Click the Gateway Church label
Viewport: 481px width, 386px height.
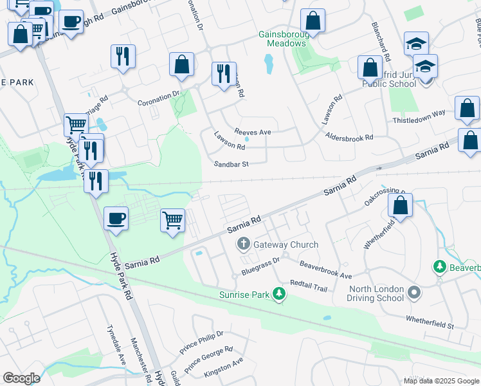pos(286,244)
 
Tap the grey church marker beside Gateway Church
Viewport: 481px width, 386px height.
pos(243,244)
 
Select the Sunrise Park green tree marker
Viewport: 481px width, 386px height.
pos(278,295)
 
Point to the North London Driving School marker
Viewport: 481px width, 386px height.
pos(415,293)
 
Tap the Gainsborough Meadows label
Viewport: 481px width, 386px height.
pos(283,39)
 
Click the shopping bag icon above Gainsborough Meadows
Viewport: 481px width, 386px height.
pos(313,21)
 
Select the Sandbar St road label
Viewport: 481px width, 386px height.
pos(231,164)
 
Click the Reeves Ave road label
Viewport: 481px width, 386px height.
pos(253,132)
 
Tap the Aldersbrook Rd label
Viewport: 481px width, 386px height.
pos(349,138)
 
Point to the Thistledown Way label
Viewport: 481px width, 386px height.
pos(419,113)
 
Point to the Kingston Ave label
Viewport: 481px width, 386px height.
pos(223,364)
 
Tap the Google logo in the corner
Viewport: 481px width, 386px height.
pos(21,378)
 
